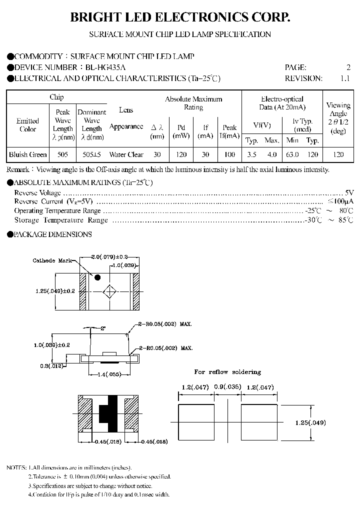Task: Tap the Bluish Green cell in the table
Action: point(28,154)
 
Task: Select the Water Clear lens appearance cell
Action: point(126,154)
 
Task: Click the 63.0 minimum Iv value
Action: point(292,154)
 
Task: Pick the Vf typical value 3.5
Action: point(251,154)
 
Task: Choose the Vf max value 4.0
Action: point(271,154)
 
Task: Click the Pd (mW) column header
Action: point(181,131)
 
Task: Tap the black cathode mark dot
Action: point(98,276)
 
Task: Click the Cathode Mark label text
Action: point(51,261)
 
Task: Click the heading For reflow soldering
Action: point(227,372)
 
